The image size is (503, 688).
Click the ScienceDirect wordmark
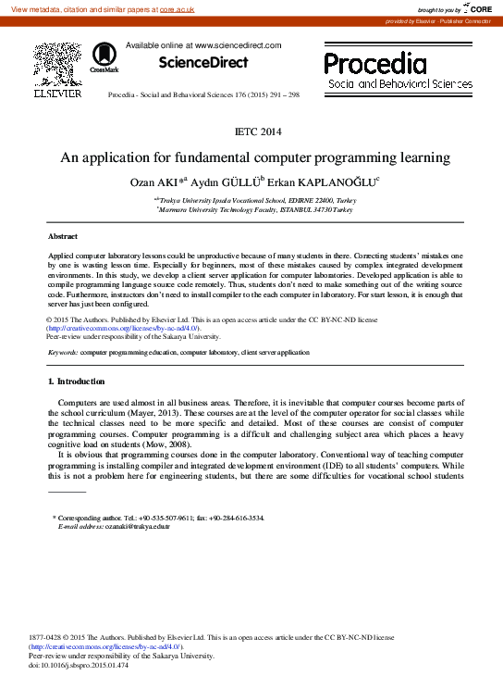203,63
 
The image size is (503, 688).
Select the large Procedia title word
375,63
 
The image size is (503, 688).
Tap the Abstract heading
63,237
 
